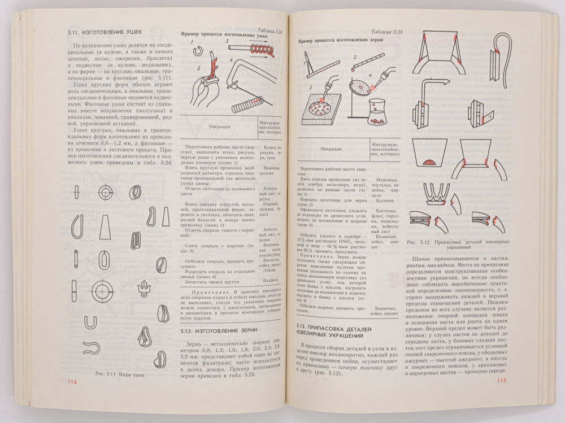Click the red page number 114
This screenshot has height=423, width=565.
[x=72, y=383]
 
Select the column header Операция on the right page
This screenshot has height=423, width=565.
[x=328, y=149]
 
